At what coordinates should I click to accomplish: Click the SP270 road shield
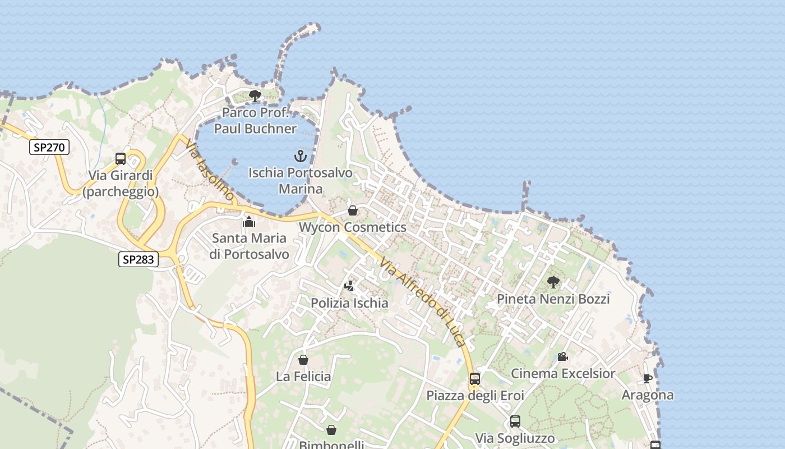tap(50, 148)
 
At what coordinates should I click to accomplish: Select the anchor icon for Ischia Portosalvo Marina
tap(301, 156)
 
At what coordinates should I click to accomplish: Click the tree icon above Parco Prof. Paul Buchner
tap(255, 95)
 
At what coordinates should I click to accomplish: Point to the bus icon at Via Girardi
tap(121, 159)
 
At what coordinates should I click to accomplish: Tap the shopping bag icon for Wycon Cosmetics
tap(353, 210)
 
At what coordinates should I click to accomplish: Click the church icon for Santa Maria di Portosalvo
tap(249, 222)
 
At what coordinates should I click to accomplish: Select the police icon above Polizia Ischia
tap(349, 286)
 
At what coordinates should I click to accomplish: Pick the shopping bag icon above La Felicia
tap(303, 359)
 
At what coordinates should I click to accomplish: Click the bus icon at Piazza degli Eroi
tap(475, 379)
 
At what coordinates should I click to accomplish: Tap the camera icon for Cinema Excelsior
tap(562, 356)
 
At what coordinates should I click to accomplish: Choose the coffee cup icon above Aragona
tap(647, 378)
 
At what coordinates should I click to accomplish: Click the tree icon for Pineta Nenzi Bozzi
tap(553, 282)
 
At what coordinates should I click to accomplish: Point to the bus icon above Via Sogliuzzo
tap(515, 421)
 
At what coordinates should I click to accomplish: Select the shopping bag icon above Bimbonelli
tap(331, 430)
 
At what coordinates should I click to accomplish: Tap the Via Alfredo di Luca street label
tap(423, 302)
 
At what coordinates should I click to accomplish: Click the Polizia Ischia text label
tap(349, 303)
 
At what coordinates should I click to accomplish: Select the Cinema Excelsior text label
tap(562, 373)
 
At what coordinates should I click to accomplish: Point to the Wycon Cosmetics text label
tap(353, 227)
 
